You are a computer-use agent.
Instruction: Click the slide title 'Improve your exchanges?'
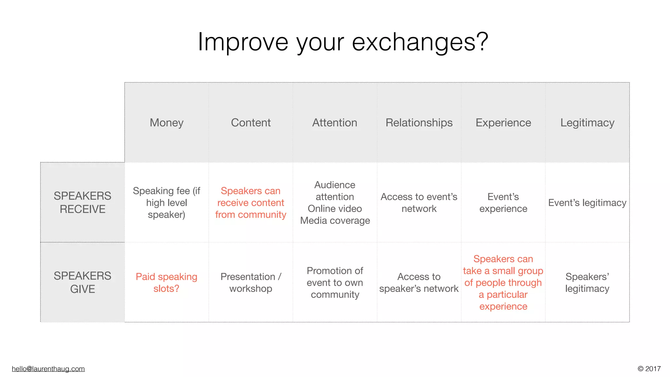pos(343,42)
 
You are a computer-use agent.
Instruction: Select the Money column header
pos(167,123)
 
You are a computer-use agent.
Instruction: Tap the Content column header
pos(251,123)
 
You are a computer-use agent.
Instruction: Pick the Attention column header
pos(335,123)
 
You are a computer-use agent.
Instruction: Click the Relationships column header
pos(419,123)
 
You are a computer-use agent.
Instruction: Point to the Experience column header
pos(503,123)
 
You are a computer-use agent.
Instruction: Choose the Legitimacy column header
pos(587,123)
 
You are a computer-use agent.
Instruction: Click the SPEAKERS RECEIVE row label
pos(82,202)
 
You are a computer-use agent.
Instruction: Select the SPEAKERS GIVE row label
pos(82,282)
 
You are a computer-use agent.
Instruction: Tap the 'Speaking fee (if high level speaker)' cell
pos(167,203)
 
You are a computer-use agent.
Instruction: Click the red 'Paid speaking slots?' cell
pos(167,282)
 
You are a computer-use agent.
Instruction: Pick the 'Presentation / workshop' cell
pos(251,282)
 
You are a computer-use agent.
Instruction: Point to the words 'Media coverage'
pos(335,221)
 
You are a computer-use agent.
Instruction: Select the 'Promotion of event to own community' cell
pos(335,282)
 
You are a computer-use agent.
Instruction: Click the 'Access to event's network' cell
pos(419,203)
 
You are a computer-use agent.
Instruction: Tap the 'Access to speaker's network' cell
pos(419,282)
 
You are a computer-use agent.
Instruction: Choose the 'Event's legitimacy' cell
pos(587,203)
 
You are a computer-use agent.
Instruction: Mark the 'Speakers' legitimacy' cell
pos(587,282)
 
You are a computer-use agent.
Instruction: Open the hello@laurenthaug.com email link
pos(48,369)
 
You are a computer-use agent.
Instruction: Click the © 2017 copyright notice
pos(649,369)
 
